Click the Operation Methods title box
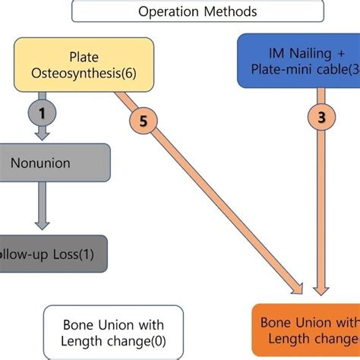(x=197, y=11)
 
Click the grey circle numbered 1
(x=43, y=112)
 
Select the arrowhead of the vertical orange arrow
(x=321, y=288)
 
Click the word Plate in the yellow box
(x=84, y=56)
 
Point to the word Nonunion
(x=41, y=162)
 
